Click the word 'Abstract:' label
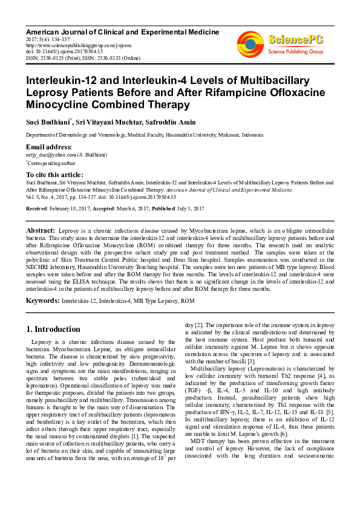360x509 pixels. (x=41, y=231)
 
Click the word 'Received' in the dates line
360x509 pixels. (x=37, y=209)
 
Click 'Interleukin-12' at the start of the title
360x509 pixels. (x=56, y=80)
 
